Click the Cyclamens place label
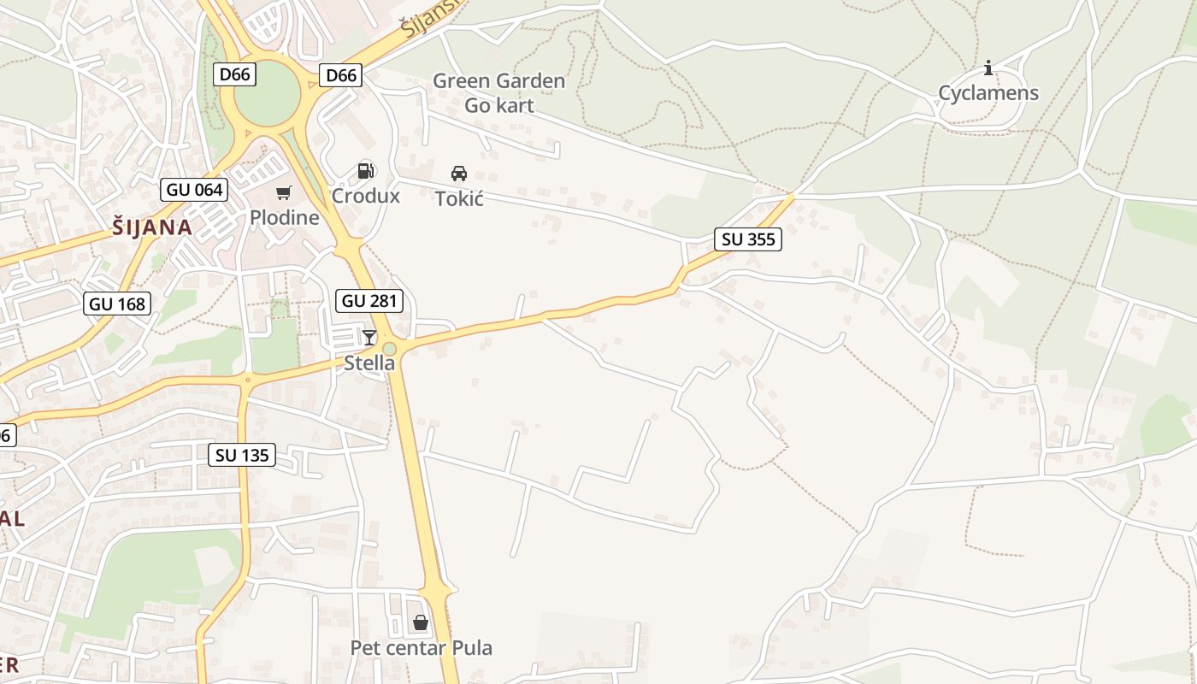(988, 93)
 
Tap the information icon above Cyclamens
(988, 68)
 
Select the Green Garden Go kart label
(498, 93)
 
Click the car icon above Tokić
(459, 174)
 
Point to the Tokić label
(459, 199)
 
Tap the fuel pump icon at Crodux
(366, 171)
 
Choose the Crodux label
(366, 196)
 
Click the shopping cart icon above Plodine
(284, 193)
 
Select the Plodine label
(284, 218)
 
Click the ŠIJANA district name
(152, 227)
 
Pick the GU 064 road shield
(194, 190)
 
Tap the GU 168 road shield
(117, 304)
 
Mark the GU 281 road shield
(370, 301)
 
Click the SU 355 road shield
(748, 239)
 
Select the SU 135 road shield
(243, 455)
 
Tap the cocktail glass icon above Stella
(369, 338)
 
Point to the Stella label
(369, 363)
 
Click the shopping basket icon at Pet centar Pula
(421, 622)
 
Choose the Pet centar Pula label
(422, 648)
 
